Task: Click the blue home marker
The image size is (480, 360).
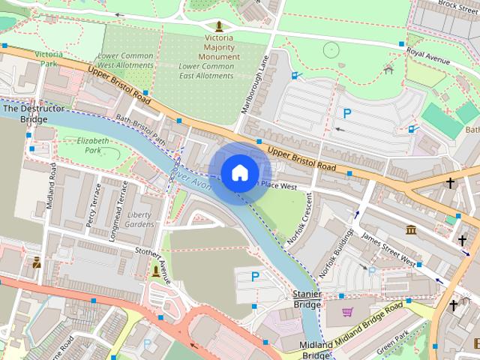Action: coord(239,172)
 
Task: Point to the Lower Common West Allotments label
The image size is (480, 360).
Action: coord(125,61)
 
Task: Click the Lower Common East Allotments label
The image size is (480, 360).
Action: coord(206,70)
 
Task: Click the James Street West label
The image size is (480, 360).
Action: coord(388,249)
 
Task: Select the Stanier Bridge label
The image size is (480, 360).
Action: coord(307,299)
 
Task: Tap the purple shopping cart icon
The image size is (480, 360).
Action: coord(347,311)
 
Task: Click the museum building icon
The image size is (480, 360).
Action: coord(411,229)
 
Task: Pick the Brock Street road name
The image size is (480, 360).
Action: coord(458,6)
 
